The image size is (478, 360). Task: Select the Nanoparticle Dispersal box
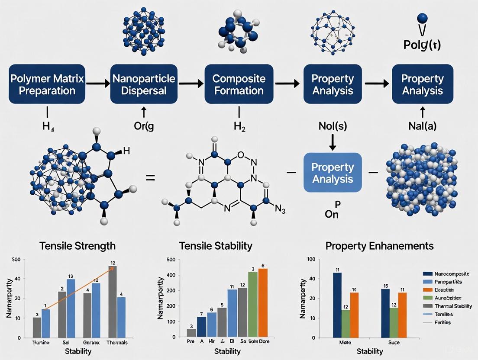144,84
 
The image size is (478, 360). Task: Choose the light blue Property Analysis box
333,173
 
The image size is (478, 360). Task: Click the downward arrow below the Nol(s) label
333,143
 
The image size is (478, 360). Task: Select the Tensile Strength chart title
78,246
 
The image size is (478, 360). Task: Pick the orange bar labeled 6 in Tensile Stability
263,302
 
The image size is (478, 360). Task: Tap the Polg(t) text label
422,45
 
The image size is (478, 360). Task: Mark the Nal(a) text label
422,126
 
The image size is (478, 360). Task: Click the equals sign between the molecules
150,177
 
